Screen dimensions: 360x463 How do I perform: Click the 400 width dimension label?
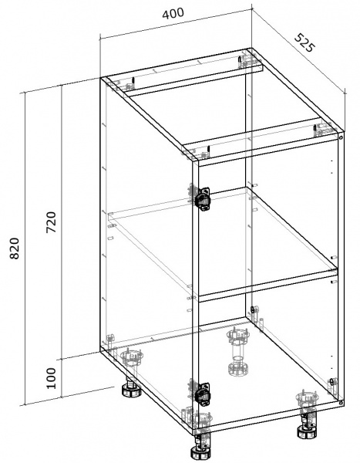point(173,13)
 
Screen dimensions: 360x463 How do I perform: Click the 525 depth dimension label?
point(305,42)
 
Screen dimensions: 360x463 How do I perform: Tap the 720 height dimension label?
point(51,222)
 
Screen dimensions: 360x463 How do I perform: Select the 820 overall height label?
point(15,248)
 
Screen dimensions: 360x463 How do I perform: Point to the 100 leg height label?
point(51,378)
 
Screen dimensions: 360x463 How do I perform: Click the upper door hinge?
point(203,198)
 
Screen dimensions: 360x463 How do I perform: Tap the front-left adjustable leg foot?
point(200,451)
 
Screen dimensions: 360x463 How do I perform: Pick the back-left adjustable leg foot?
point(131,388)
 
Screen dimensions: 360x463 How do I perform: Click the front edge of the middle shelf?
point(268,284)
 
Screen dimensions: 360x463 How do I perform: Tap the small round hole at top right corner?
point(341,138)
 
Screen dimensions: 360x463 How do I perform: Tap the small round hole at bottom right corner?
point(341,402)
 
